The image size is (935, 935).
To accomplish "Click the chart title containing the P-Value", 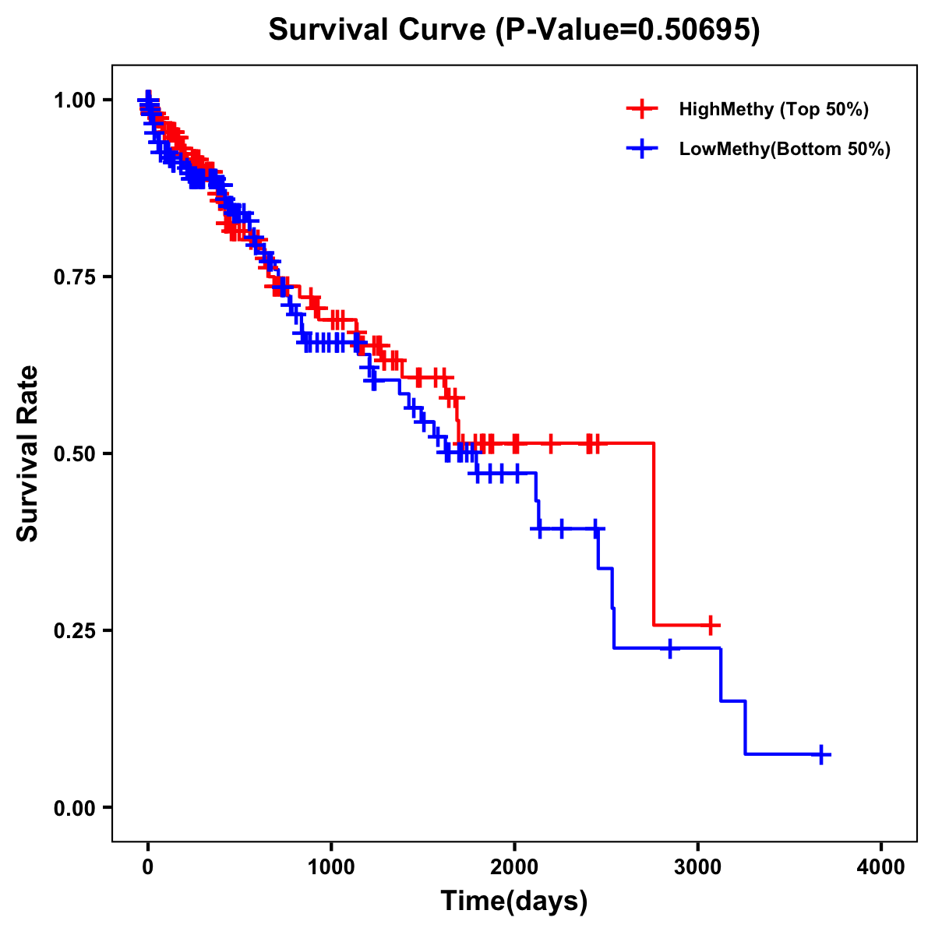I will [513, 30].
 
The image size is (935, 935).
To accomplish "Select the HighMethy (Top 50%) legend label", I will [773, 109].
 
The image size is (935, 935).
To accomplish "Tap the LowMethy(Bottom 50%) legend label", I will [785, 149].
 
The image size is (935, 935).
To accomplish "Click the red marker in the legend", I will [641, 109].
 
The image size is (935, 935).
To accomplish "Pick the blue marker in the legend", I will [641, 149].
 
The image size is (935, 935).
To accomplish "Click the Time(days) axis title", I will [514, 901].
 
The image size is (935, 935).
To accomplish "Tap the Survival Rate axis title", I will [28, 453].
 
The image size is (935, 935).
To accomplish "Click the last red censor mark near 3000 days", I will [710, 625].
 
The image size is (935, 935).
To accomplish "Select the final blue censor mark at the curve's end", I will [821, 754].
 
